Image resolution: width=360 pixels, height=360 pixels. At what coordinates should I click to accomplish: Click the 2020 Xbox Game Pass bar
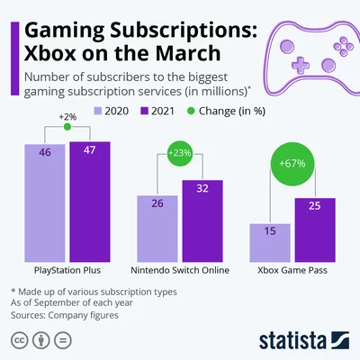coord(269,241)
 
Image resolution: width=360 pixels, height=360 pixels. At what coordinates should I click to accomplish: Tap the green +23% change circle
coord(179,154)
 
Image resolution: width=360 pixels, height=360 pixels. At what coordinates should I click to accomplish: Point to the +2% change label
coord(67,117)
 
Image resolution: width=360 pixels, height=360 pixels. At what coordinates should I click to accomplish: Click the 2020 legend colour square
coord(99,111)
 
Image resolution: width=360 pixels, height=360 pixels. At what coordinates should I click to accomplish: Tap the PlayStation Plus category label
coord(67,269)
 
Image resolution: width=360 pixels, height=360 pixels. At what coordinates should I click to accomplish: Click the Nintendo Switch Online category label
coord(179,269)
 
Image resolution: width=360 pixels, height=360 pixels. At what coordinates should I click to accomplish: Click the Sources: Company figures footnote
coord(58,316)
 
